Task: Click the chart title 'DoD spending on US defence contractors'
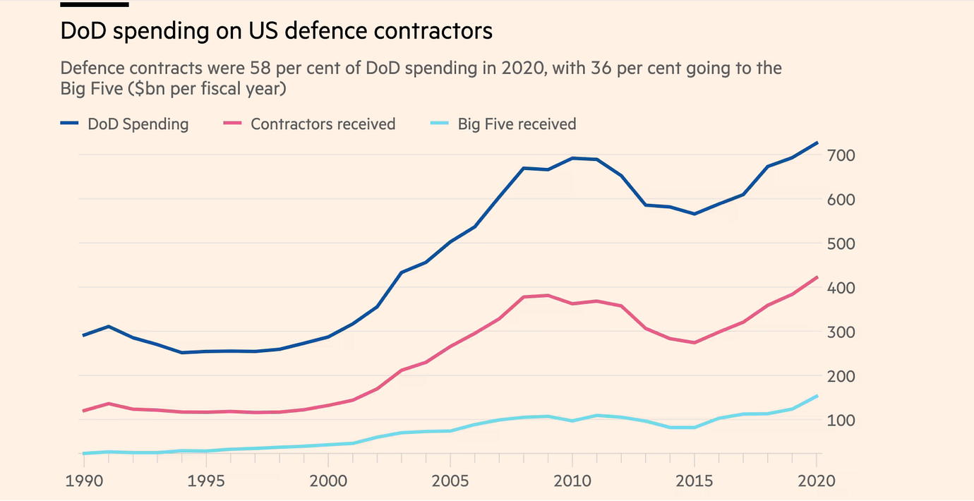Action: (x=276, y=32)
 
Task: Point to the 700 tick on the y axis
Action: (x=841, y=155)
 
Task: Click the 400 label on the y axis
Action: (x=841, y=288)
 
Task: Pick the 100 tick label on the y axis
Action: (x=841, y=421)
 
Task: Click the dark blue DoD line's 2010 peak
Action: (x=572, y=158)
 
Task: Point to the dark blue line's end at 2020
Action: (x=817, y=143)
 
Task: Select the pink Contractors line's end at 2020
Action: (x=817, y=277)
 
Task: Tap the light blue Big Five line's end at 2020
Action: (x=817, y=397)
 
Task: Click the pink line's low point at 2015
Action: (x=695, y=343)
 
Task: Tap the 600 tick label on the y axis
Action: (x=841, y=200)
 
